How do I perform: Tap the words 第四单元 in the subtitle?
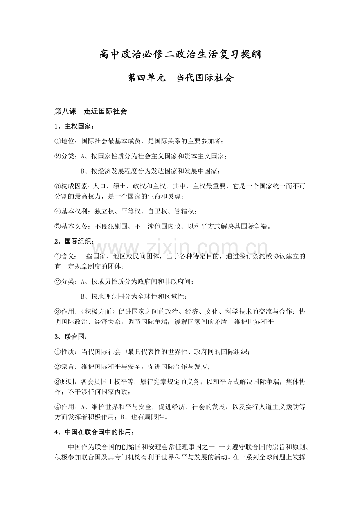point(144,78)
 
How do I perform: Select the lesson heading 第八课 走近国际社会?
point(91,111)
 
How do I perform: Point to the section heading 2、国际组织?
point(74,241)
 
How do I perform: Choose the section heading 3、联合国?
point(71,337)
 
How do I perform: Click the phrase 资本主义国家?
point(204,156)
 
